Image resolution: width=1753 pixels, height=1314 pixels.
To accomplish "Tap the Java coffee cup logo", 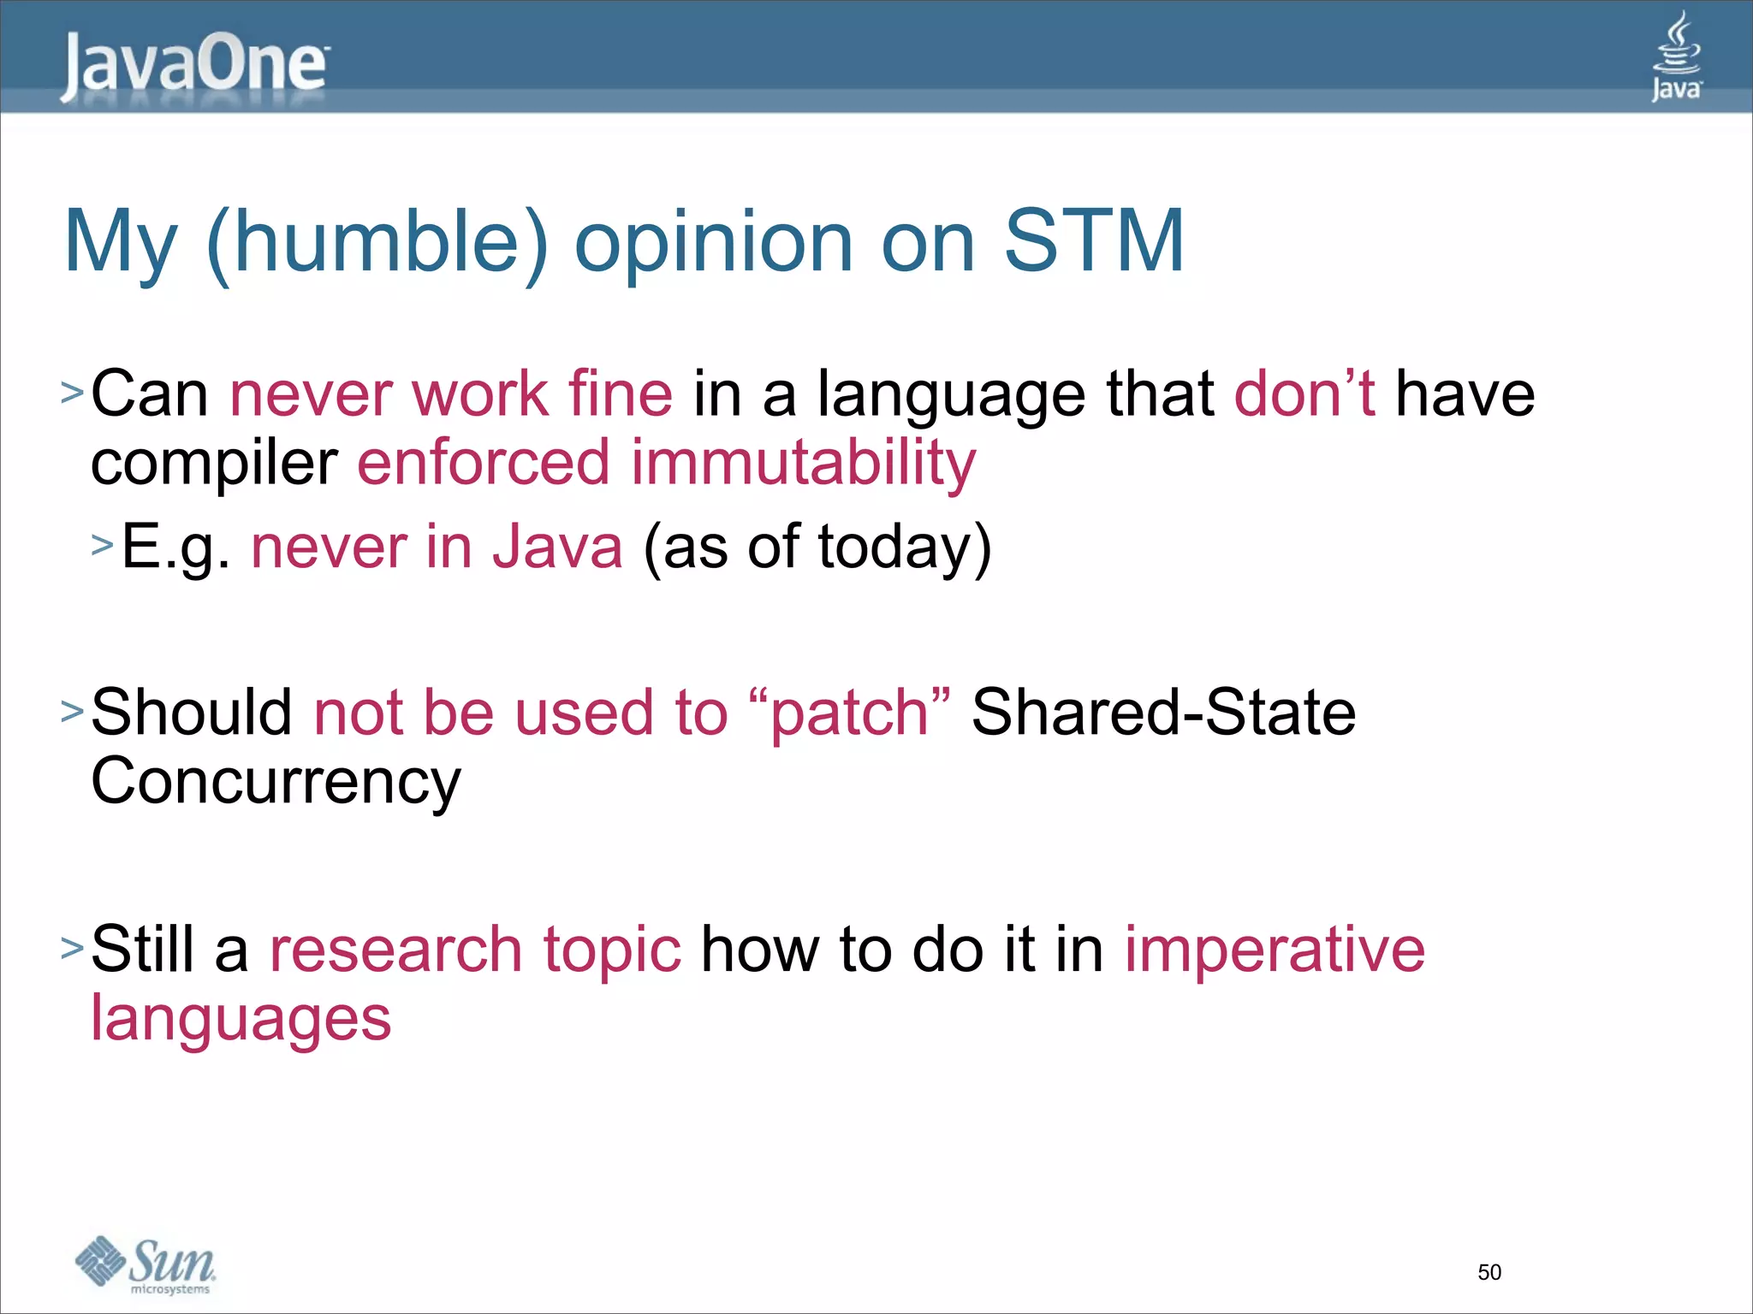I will (x=1676, y=56).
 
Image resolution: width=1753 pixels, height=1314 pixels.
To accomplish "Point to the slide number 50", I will (x=1489, y=1272).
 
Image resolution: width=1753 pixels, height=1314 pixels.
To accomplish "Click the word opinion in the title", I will (x=713, y=245).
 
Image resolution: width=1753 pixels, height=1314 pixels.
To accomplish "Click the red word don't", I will (x=1304, y=394).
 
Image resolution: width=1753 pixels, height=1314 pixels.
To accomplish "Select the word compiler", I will (x=214, y=465).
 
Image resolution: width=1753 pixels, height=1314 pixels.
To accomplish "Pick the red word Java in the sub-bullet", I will (x=557, y=547).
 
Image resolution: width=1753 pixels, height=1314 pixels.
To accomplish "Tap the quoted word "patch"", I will (x=848, y=713).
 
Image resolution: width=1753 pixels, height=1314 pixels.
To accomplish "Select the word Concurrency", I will (x=276, y=781).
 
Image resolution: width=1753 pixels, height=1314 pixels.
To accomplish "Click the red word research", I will (x=395, y=950).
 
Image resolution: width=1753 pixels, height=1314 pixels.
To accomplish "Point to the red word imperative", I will (x=1275, y=950).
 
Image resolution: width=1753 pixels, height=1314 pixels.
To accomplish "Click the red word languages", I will (x=241, y=1019).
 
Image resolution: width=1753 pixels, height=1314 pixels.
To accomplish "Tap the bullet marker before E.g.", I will (x=102, y=545).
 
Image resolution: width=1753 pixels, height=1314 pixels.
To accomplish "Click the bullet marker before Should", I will (x=72, y=710).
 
